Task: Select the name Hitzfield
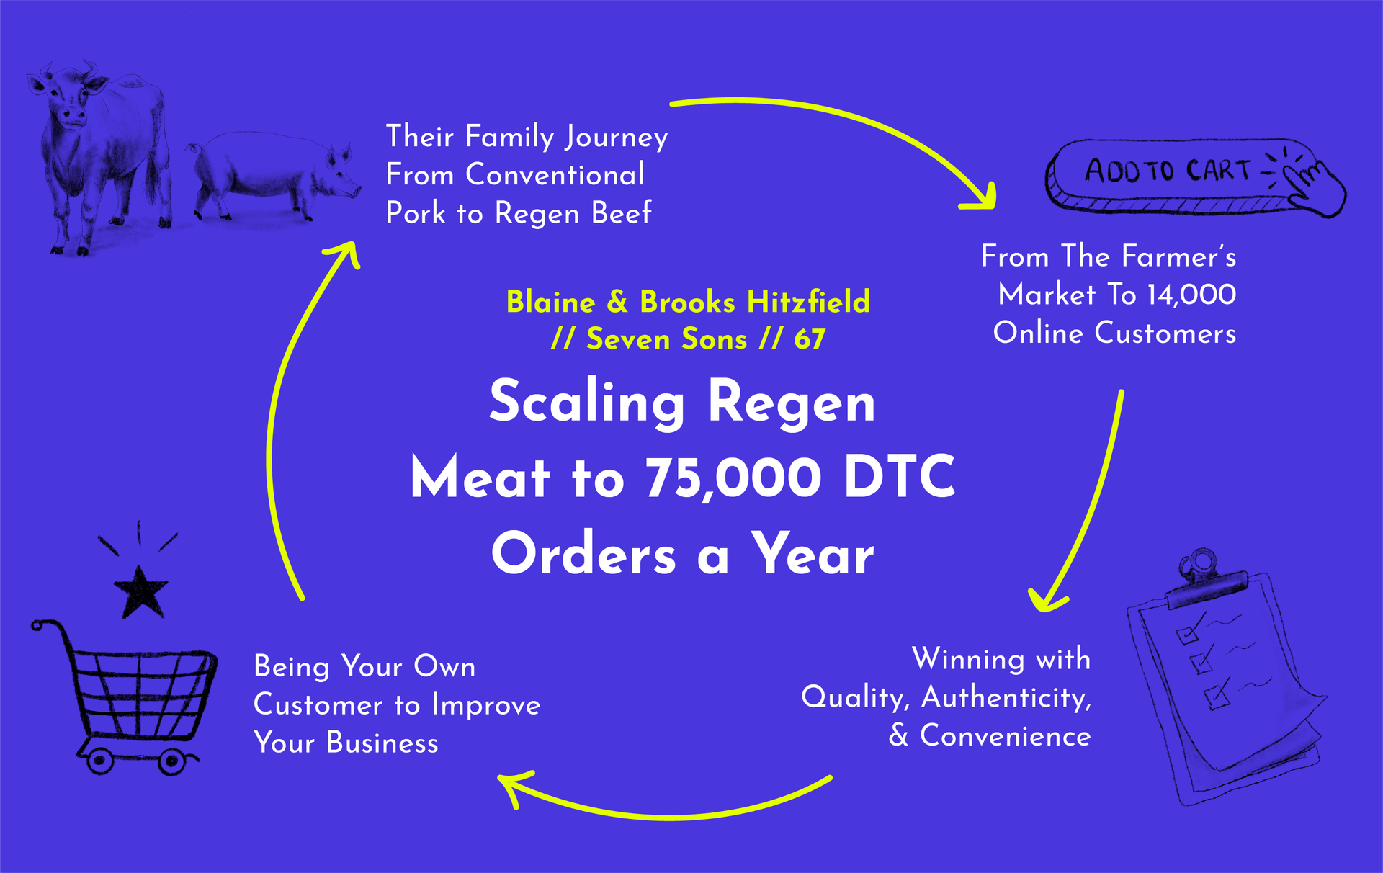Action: click(808, 302)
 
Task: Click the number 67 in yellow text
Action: click(810, 339)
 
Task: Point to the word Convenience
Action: click(1006, 736)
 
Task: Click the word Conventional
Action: click(555, 175)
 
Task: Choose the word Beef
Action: click(621, 213)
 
